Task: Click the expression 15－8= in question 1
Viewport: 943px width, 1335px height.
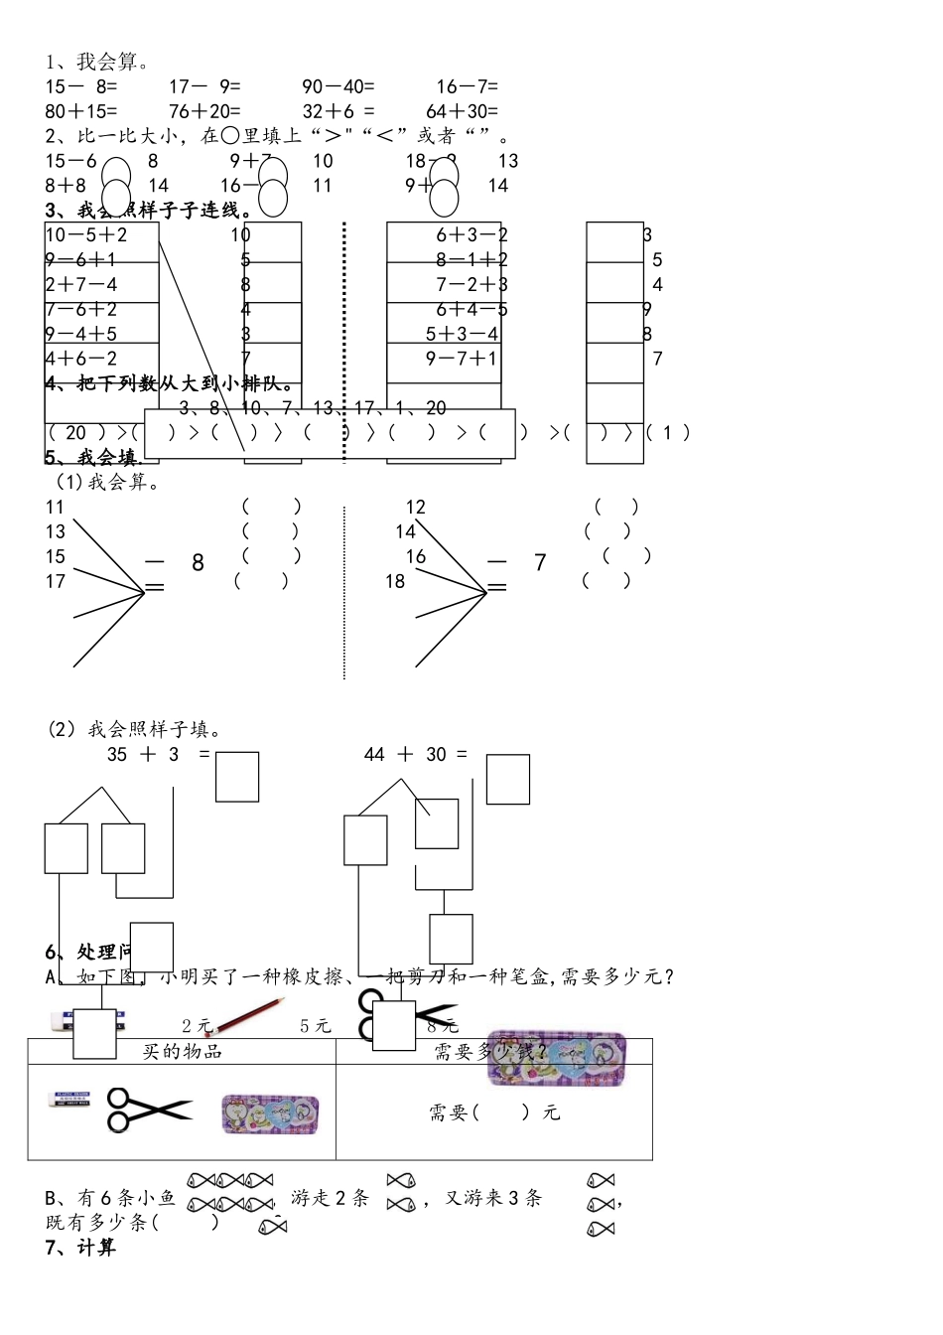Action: [81, 87]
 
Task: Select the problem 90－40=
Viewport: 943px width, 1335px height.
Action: [338, 87]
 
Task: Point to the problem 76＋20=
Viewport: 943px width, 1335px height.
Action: [204, 112]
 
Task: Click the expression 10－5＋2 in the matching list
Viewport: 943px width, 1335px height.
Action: [87, 235]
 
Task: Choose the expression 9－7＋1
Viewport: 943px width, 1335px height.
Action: [462, 359]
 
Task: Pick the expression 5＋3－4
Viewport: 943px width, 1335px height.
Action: [462, 334]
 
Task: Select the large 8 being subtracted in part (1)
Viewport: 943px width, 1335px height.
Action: [198, 563]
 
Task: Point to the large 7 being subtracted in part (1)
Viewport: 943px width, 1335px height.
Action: [540, 563]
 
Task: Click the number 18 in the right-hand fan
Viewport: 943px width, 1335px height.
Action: [395, 582]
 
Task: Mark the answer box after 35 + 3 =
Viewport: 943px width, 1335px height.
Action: [237, 777]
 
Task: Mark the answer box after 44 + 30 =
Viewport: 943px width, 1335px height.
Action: [507, 780]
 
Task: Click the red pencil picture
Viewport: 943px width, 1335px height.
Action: [251, 1015]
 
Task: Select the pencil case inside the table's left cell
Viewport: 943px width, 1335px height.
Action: [270, 1114]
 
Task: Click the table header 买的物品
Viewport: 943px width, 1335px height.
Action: [182, 1052]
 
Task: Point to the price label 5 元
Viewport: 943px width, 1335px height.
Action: [316, 1026]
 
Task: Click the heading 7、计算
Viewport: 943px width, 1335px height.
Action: [80, 1248]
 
